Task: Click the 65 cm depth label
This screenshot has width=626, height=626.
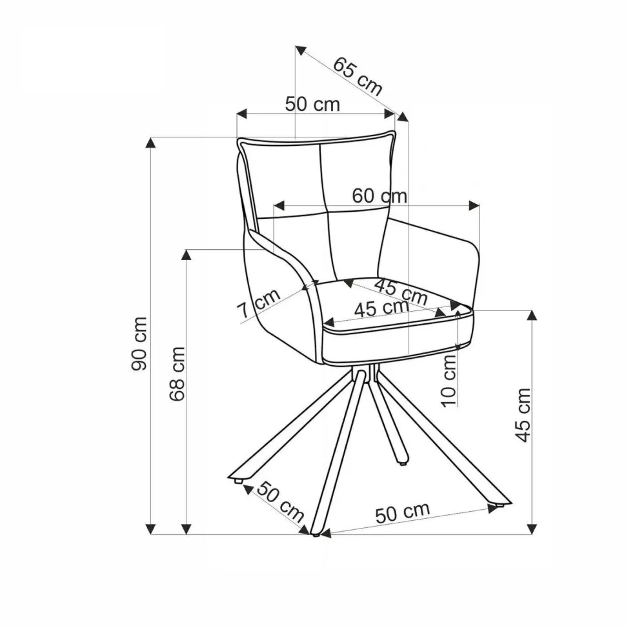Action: (x=358, y=76)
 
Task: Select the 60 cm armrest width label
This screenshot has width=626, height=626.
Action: (x=379, y=196)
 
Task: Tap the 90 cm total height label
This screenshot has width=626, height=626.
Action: (x=140, y=343)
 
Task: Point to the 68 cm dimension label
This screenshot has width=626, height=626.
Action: (x=177, y=374)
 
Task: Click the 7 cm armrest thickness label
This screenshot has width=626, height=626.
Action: (x=259, y=304)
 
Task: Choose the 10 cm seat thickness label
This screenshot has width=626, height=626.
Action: (x=449, y=381)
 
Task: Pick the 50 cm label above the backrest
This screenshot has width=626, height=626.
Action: (x=312, y=104)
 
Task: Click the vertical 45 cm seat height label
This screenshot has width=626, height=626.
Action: (x=523, y=415)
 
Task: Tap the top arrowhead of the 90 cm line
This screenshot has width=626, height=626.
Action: (x=150, y=143)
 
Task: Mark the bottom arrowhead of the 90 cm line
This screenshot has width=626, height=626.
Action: (x=150, y=529)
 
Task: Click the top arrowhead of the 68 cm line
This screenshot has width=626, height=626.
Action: (x=186, y=254)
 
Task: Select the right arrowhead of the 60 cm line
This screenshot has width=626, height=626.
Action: (x=474, y=206)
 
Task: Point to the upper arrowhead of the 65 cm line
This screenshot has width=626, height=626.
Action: (x=300, y=50)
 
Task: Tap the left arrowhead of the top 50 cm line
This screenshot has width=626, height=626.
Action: (x=243, y=114)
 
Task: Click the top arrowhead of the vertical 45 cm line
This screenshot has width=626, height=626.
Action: (x=531, y=315)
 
